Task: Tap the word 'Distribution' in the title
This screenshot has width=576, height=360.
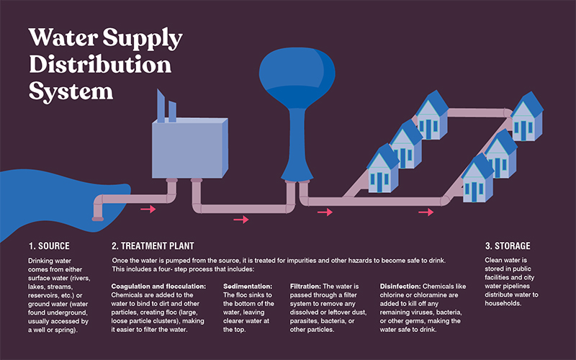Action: [100, 64]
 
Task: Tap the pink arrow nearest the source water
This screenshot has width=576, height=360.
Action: [148, 210]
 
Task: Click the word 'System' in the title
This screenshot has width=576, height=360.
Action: [71, 91]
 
